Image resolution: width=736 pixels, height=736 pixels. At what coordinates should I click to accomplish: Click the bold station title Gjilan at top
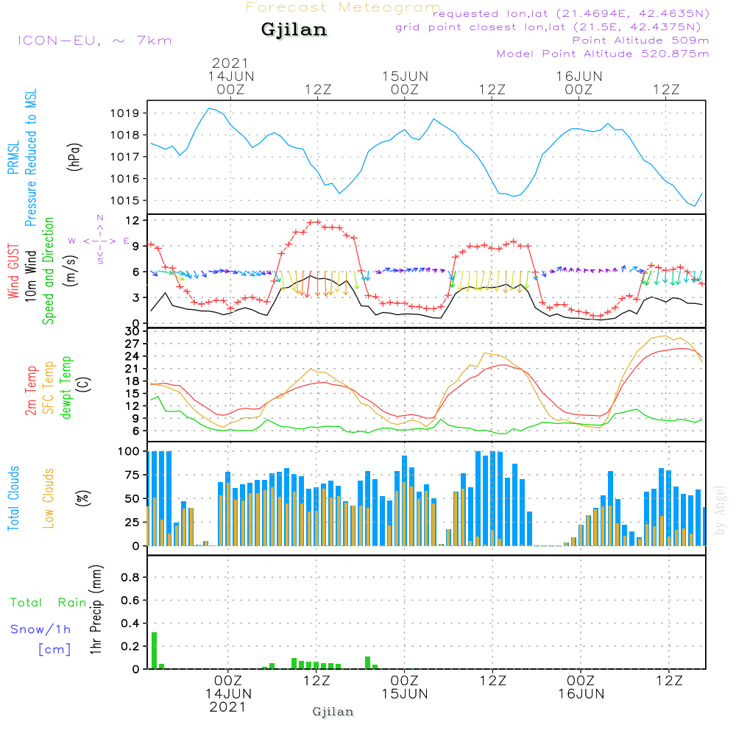(294, 30)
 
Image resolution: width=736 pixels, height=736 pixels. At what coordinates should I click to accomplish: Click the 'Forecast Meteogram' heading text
(343, 7)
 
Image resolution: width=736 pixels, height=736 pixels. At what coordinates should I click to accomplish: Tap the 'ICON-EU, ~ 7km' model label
(94, 40)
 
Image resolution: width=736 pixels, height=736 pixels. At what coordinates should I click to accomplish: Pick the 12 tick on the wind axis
(132, 221)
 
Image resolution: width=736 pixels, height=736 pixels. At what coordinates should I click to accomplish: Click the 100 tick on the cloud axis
(130, 451)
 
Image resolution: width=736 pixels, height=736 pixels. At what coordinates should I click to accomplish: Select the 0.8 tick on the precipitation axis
(130, 578)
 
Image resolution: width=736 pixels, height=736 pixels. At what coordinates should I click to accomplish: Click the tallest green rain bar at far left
(154, 650)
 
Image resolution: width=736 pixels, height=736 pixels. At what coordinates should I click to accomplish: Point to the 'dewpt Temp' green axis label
(66, 388)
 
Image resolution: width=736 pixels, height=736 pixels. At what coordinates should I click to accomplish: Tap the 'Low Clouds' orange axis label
(49, 498)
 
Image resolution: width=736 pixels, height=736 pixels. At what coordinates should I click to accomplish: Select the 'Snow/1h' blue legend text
(41, 630)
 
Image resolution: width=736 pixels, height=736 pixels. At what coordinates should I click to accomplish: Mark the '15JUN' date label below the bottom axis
(405, 694)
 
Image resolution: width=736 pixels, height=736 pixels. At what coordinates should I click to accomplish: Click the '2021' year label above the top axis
(230, 63)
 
